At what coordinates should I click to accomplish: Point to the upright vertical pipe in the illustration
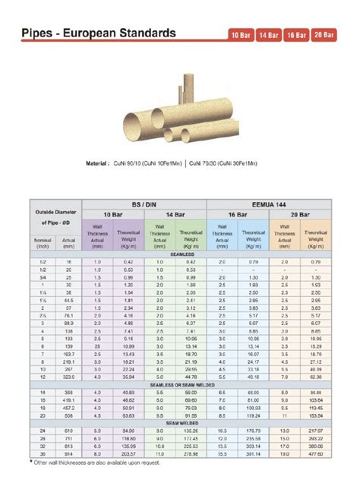tap(187, 92)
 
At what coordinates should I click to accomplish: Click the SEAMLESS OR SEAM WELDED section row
tap(182, 385)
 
